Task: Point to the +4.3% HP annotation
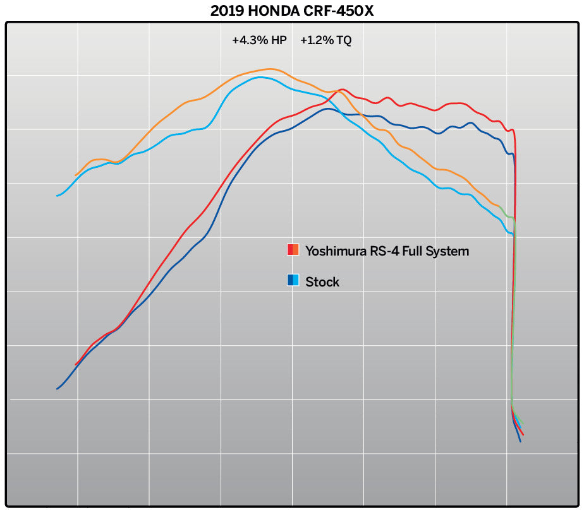tap(259, 40)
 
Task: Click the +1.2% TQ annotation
tap(326, 40)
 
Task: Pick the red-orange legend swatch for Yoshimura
tap(293, 250)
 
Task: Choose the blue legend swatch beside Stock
tap(293, 280)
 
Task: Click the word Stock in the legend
tap(322, 281)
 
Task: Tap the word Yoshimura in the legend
tap(336, 251)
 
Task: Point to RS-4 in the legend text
tap(384, 251)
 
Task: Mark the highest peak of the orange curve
tap(271, 69)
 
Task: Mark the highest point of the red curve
tap(342, 90)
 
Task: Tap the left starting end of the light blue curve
tap(58, 196)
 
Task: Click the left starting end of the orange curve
tap(76, 175)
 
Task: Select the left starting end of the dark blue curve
tap(58, 389)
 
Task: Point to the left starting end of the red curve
tap(76, 365)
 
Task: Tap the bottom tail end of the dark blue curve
tap(520, 440)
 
